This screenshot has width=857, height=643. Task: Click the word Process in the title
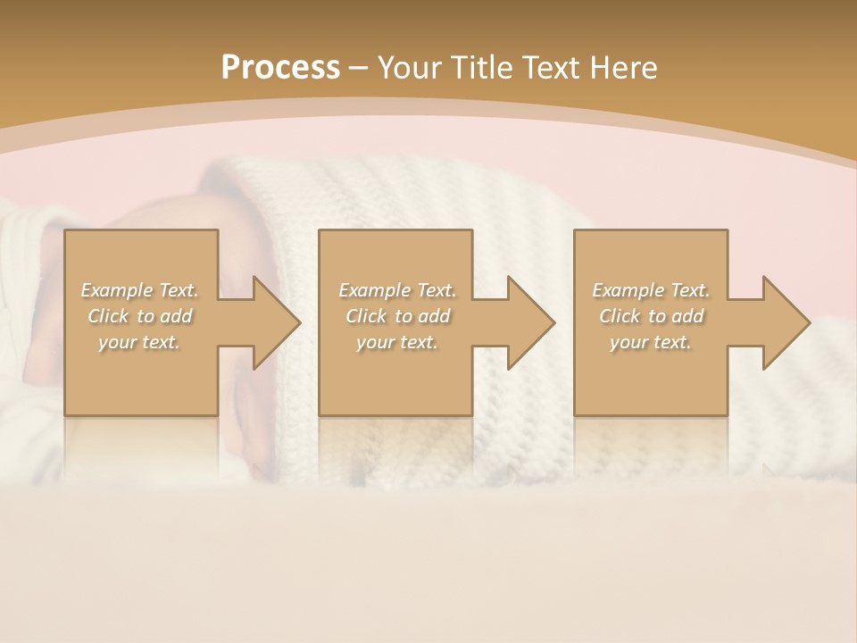point(280,67)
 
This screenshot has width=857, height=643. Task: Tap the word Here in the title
point(624,68)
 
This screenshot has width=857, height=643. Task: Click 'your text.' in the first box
point(139,342)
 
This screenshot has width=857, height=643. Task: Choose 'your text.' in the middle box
point(397,342)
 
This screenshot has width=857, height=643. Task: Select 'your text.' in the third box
point(651,342)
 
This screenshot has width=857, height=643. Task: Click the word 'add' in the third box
point(688,316)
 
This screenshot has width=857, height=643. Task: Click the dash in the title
point(359,68)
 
